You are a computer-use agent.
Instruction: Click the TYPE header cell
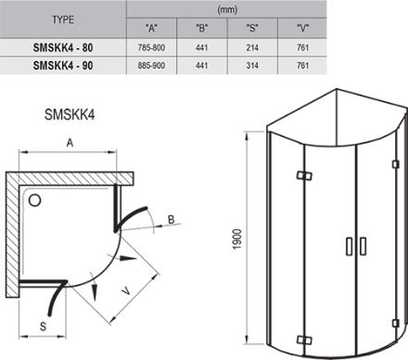(x=63, y=17)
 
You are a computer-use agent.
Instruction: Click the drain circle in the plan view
(x=35, y=199)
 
